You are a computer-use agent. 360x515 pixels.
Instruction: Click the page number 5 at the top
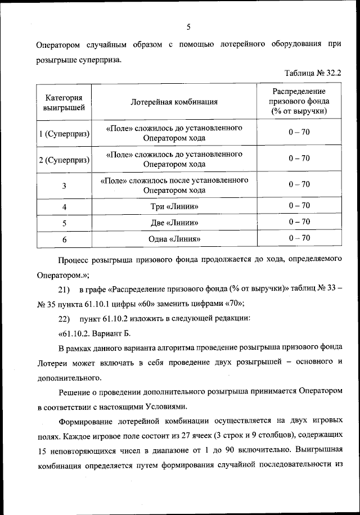188,26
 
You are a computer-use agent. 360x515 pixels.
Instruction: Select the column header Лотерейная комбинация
174,102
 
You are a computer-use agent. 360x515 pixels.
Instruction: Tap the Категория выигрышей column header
64,102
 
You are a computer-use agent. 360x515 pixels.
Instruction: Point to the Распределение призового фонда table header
299,102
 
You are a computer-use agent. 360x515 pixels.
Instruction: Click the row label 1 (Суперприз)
64,133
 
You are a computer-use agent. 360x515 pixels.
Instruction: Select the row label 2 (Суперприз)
64,159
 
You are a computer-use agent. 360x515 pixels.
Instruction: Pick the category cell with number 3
64,186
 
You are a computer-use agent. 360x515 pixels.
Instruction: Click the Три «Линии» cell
174,207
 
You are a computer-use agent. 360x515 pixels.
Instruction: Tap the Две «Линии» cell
174,223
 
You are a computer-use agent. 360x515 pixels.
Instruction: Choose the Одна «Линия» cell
174,238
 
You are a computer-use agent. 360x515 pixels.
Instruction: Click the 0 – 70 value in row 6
299,238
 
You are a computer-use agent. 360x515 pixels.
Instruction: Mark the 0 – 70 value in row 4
299,206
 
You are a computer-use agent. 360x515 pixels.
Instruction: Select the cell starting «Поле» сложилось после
174,185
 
